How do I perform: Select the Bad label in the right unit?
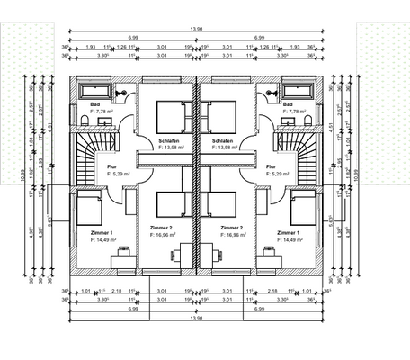(288, 104)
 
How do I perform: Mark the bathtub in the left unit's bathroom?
(94, 91)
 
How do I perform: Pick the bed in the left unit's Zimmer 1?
(88, 210)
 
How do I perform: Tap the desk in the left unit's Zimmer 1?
(120, 260)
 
